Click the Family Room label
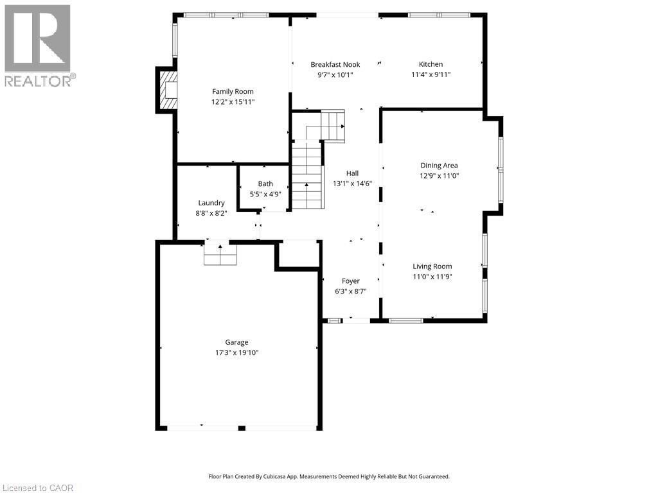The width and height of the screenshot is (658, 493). tap(233, 91)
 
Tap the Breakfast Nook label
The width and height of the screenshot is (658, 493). tap(335, 64)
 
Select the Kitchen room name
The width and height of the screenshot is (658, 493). tap(431, 64)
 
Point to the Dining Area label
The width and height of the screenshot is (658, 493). tap(439, 166)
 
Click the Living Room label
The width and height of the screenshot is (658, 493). tap(432, 266)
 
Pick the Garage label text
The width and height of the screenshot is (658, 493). tap(236, 342)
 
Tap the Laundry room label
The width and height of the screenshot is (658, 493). tap(211, 203)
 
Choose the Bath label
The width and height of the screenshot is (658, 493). tap(265, 184)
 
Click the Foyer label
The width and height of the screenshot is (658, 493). tap(350, 281)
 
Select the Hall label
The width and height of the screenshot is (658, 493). tap(352, 173)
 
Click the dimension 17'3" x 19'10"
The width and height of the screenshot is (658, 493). tap(236, 352)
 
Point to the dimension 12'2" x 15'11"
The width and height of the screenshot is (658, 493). tap(233, 101)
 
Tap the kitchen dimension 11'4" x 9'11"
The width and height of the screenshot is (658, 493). tap(431, 74)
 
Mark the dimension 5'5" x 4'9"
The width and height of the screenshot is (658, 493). tap(265, 195)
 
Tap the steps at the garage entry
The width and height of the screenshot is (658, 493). tap(220, 255)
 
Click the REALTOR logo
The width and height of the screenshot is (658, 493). tap(38, 46)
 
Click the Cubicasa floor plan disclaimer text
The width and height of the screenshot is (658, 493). tap(329, 476)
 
